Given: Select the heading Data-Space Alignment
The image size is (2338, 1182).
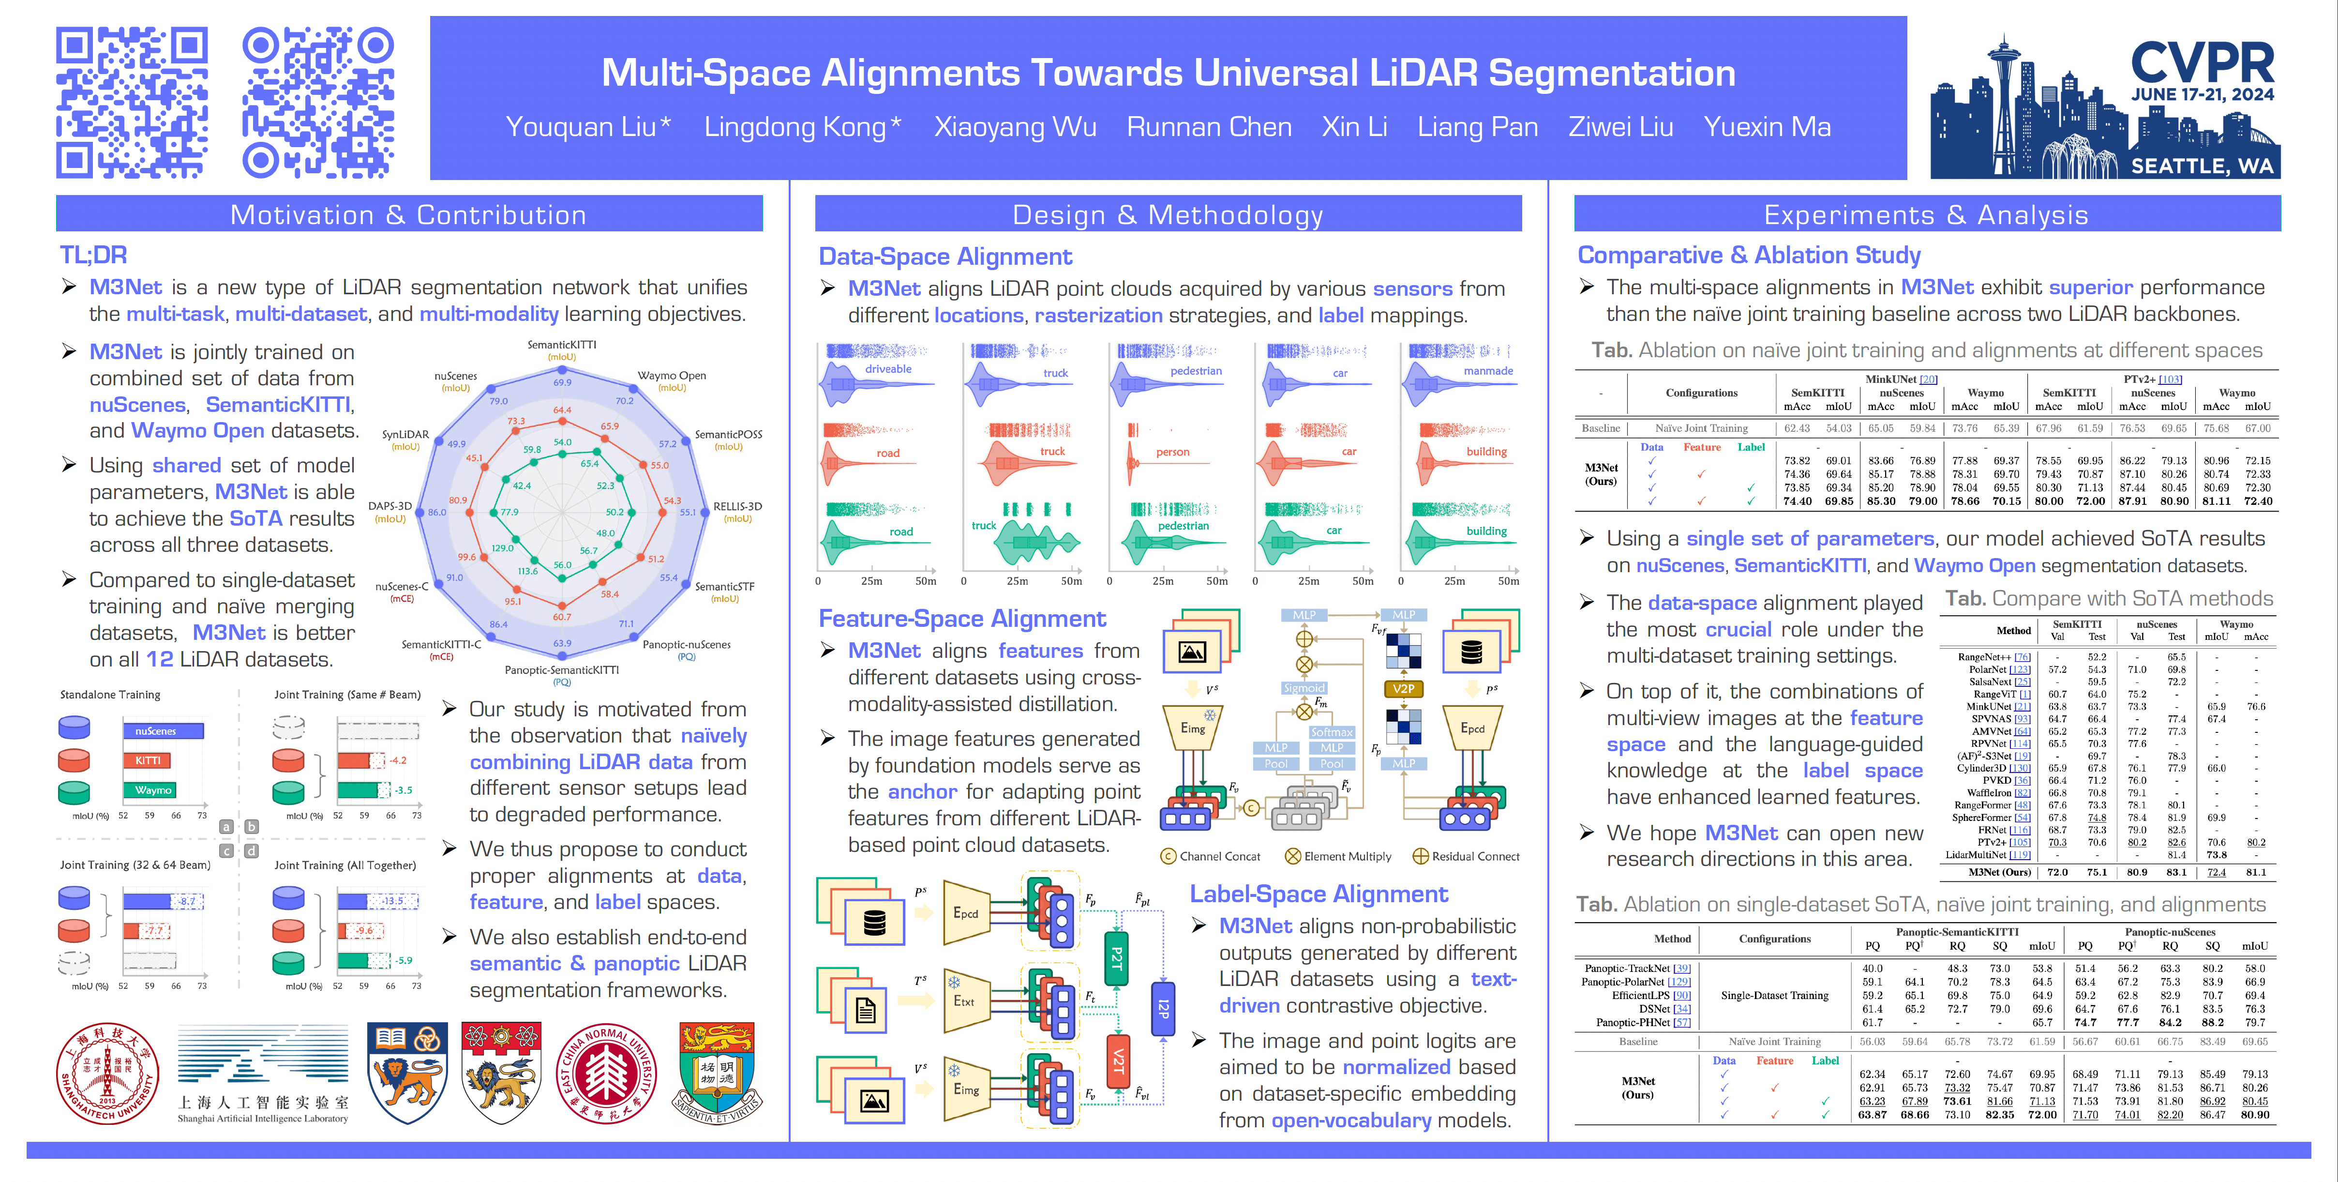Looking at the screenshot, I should [945, 257].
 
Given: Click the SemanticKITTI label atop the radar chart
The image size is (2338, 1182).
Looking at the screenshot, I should [562, 345].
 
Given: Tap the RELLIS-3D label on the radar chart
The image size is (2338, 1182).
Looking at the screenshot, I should [737, 507].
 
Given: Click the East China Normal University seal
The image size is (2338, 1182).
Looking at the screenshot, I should [606, 1074].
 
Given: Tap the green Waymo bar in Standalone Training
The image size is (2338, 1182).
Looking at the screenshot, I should [150, 790].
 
